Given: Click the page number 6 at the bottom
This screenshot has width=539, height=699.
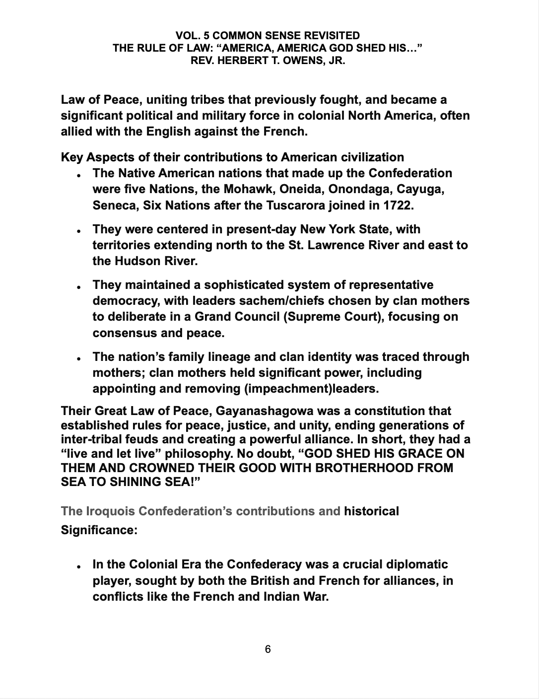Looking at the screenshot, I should click(268, 649).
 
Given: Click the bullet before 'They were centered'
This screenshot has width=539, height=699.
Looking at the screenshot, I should click(78, 232).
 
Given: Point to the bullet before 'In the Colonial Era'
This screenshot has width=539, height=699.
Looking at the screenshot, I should click(78, 567).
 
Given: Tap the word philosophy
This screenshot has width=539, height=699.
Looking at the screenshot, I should click(197, 454).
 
